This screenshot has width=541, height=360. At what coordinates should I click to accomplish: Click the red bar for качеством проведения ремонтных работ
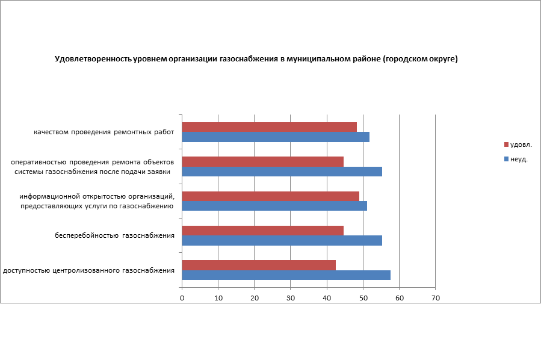tap(269, 127)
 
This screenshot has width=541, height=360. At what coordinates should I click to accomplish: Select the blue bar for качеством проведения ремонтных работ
tap(276, 137)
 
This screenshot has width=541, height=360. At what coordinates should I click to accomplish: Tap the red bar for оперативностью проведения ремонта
tap(262, 161)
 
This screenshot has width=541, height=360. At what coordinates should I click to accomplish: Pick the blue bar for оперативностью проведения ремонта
tap(282, 172)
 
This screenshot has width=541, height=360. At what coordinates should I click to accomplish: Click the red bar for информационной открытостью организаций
tap(270, 196)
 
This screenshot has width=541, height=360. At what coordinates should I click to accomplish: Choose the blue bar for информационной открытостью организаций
tap(274, 206)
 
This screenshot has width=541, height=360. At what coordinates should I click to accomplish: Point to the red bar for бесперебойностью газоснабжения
tap(262, 231)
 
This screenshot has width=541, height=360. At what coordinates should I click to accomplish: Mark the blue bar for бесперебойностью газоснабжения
tap(282, 241)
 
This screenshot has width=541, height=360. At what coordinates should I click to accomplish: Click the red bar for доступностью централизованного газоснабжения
tap(259, 265)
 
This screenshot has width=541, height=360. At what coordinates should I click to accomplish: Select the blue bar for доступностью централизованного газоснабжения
tap(286, 275)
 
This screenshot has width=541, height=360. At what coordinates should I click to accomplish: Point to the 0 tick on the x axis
tap(182, 298)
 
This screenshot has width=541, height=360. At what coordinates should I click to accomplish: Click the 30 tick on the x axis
tap(291, 298)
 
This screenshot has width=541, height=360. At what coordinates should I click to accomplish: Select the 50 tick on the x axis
tap(363, 298)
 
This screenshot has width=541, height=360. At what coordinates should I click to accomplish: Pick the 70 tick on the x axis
tap(436, 298)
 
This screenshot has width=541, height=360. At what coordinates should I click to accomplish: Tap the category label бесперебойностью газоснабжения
tap(114, 235)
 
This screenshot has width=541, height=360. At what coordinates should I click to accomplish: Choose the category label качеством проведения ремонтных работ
tap(104, 132)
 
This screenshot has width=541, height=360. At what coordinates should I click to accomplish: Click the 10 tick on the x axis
tap(218, 298)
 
